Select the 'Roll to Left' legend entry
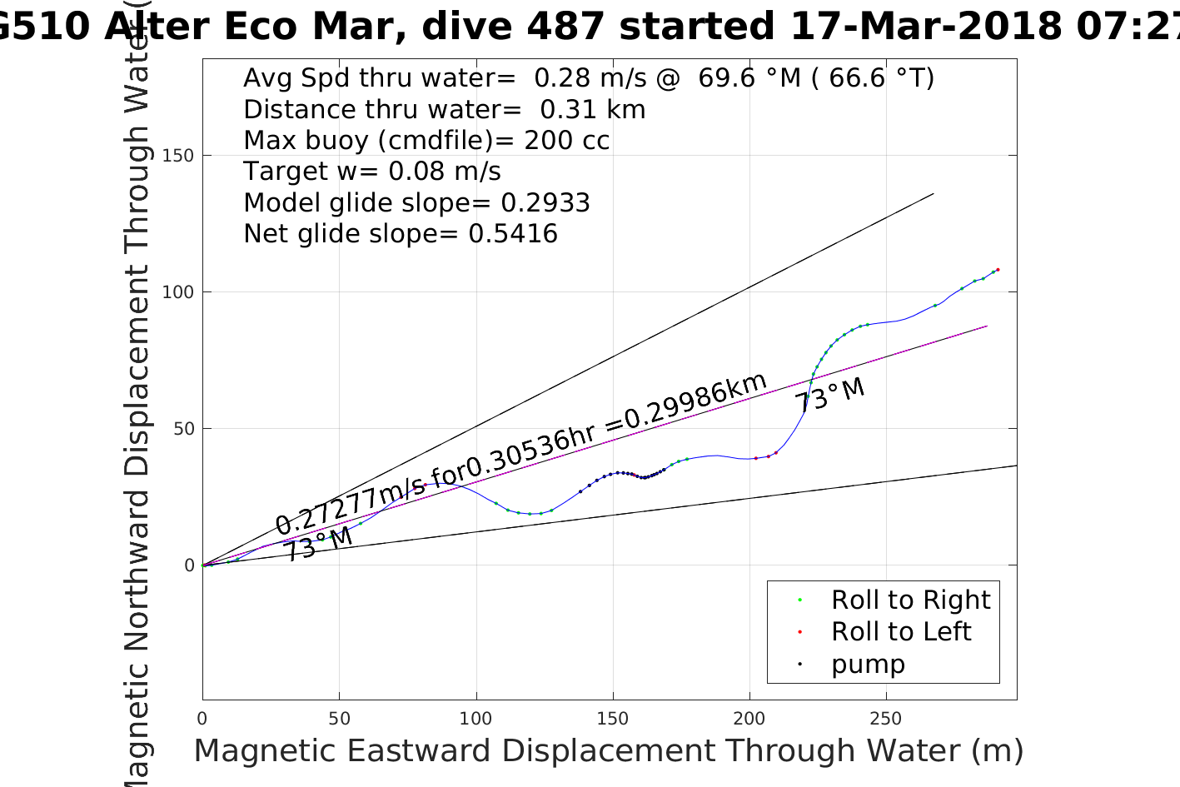click(x=900, y=631)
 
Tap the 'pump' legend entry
click(x=867, y=664)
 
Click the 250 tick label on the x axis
click(x=885, y=718)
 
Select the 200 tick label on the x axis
click(x=749, y=718)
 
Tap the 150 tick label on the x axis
click(x=612, y=718)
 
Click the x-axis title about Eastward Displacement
click(x=608, y=750)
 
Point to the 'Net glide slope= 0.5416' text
click(x=401, y=234)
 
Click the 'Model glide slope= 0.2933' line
click(x=416, y=203)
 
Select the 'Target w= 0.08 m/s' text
click(x=372, y=172)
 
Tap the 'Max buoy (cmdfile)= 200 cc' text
click(x=426, y=140)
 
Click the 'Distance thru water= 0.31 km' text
click(x=444, y=109)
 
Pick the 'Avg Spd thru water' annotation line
click(x=588, y=78)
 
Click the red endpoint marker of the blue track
click(x=998, y=270)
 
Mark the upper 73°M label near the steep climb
click(x=829, y=395)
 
